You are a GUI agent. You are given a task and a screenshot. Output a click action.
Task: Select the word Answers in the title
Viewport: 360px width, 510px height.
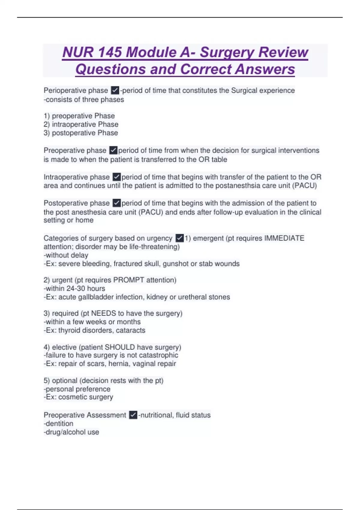pyautogui.click(x=265, y=69)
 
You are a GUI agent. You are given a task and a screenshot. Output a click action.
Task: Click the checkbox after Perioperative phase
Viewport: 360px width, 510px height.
pyautogui.click(x=115, y=90)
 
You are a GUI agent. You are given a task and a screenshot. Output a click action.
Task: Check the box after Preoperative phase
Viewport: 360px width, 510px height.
pyautogui.click(x=113, y=150)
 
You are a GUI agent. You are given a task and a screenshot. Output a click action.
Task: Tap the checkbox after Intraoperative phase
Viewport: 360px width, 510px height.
pyautogui.click(x=117, y=177)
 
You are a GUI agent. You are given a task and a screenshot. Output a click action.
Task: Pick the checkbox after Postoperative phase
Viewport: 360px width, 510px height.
pyautogui.click(x=117, y=203)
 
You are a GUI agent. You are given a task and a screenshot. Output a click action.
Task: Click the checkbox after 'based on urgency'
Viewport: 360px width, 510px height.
pyautogui.click(x=179, y=238)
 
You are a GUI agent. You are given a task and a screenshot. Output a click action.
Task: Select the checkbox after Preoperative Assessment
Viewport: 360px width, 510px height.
pyautogui.click(x=133, y=415)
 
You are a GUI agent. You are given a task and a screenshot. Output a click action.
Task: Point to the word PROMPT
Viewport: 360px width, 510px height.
pyautogui.click(x=129, y=280)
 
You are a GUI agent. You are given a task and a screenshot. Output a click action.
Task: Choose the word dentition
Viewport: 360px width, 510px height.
pyautogui.click(x=59, y=424)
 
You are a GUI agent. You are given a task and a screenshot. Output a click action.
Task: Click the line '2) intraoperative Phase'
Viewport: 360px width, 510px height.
pyautogui.click(x=81, y=124)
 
